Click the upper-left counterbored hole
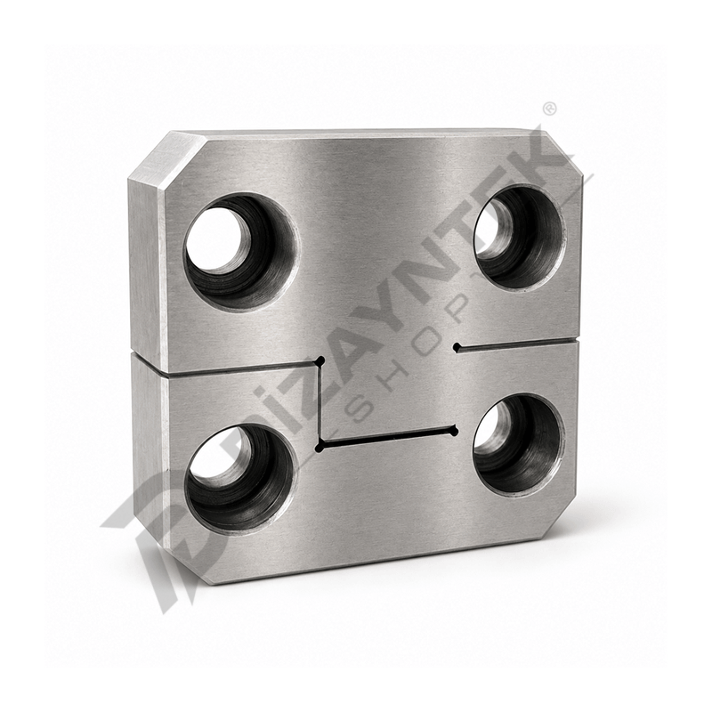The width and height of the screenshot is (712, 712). (241, 252)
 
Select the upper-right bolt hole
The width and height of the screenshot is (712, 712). (520, 238)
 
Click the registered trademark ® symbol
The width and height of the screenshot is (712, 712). (549, 109)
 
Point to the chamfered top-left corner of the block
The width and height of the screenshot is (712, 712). (168, 160)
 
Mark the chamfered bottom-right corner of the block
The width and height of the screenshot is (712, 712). (561, 527)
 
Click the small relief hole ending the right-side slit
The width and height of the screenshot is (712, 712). (457, 348)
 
